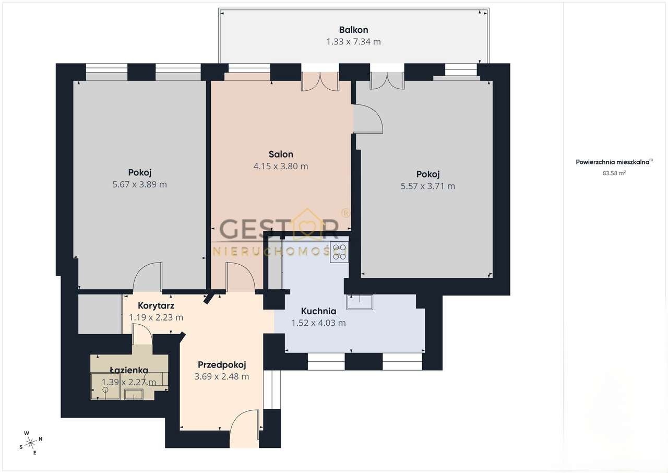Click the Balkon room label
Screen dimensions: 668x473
[x=353, y=30]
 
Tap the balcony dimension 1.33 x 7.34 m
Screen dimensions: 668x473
[x=353, y=42]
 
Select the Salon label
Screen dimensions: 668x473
[x=281, y=154]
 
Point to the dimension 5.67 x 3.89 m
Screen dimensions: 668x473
[x=139, y=184]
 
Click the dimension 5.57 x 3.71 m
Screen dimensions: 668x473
[x=427, y=186]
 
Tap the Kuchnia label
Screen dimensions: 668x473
[x=318, y=311]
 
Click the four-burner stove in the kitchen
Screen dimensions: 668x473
[x=339, y=252]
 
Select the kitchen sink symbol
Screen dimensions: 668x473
[x=360, y=302]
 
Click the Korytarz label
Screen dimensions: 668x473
[x=156, y=306]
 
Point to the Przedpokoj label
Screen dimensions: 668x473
[x=222, y=365]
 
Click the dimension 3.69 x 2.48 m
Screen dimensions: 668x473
[x=222, y=376]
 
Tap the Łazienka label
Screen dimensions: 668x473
[x=129, y=370]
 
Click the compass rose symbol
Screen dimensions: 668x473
[x=30, y=443]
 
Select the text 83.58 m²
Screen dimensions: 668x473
[x=614, y=173]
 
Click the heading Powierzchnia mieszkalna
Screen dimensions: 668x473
[x=613, y=162]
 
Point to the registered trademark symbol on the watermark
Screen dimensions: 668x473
[x=345, y=213]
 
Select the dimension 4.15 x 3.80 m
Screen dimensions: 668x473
[x=281, y=166]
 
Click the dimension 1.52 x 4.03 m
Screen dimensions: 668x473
[x=318, y=323]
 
